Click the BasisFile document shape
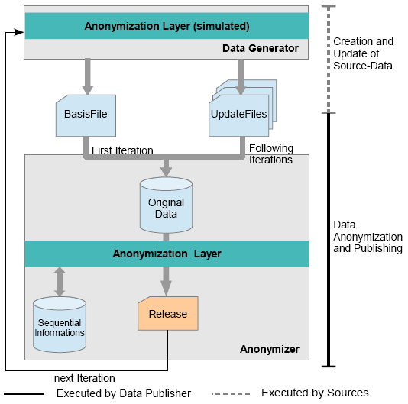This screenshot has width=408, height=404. [86, 115]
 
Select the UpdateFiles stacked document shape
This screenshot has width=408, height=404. [242, 108]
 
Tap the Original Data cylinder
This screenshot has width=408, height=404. [166, 205]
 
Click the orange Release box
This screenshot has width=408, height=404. [168, 313]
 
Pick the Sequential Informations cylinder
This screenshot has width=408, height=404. [60, 325]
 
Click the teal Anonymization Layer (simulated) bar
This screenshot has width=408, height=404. [167, 26]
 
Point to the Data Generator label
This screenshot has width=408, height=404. [261, 48]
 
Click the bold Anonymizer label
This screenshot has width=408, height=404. [270, 349]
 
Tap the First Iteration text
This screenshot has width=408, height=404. [122, 150]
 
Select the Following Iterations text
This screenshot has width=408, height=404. [271, 154]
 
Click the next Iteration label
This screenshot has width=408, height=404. [85, 378]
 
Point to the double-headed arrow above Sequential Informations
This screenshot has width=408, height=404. [60, 282]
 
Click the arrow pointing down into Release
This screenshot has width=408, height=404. [166, 282]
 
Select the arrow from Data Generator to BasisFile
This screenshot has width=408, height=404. [88, 76]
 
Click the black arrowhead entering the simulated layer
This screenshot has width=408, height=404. [19, 32]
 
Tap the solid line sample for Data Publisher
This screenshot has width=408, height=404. [24, 393]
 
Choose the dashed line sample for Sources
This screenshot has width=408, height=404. [231, 393]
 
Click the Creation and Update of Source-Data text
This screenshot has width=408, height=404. [363, 53]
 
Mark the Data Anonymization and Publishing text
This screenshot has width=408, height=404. [368, 237]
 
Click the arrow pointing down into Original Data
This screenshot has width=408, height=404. [166, 167]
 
